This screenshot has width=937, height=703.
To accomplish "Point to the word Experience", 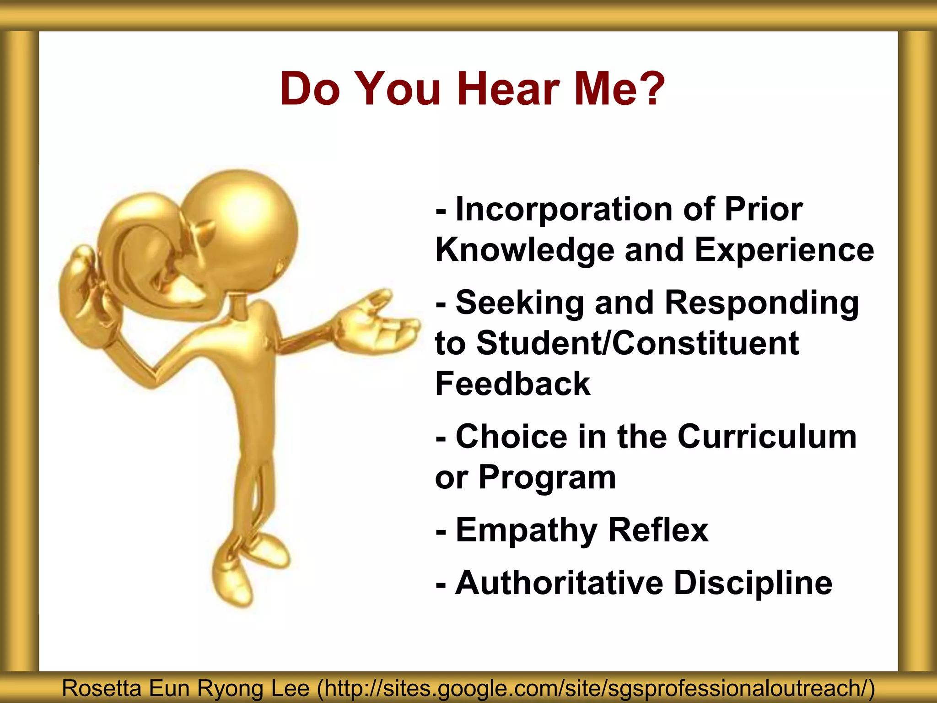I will tap(784, 250).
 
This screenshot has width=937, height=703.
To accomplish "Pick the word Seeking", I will tap(520, 303).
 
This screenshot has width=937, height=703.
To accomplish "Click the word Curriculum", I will tap(767, 437).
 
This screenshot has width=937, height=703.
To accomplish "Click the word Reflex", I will tap(658, 530).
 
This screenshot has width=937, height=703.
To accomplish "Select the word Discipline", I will tap(753, 583).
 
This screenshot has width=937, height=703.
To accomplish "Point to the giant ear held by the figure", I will tap(146, 256).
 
